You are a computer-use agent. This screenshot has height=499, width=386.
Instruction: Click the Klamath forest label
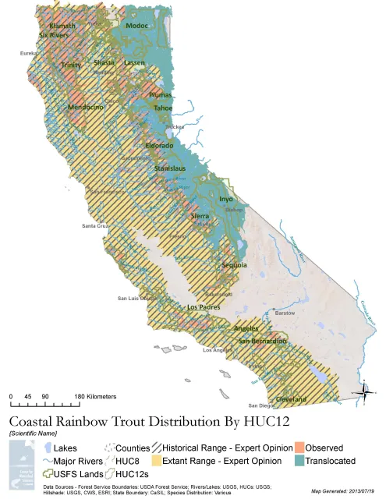tap(62, 26)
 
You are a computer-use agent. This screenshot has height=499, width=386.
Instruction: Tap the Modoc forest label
tap(136, 26)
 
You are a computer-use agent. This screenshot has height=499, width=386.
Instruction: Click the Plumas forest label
tap(161, 94)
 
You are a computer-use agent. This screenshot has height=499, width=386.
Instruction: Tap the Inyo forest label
tap(225, 200)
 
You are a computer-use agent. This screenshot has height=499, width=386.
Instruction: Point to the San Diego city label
tap(262, 405)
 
